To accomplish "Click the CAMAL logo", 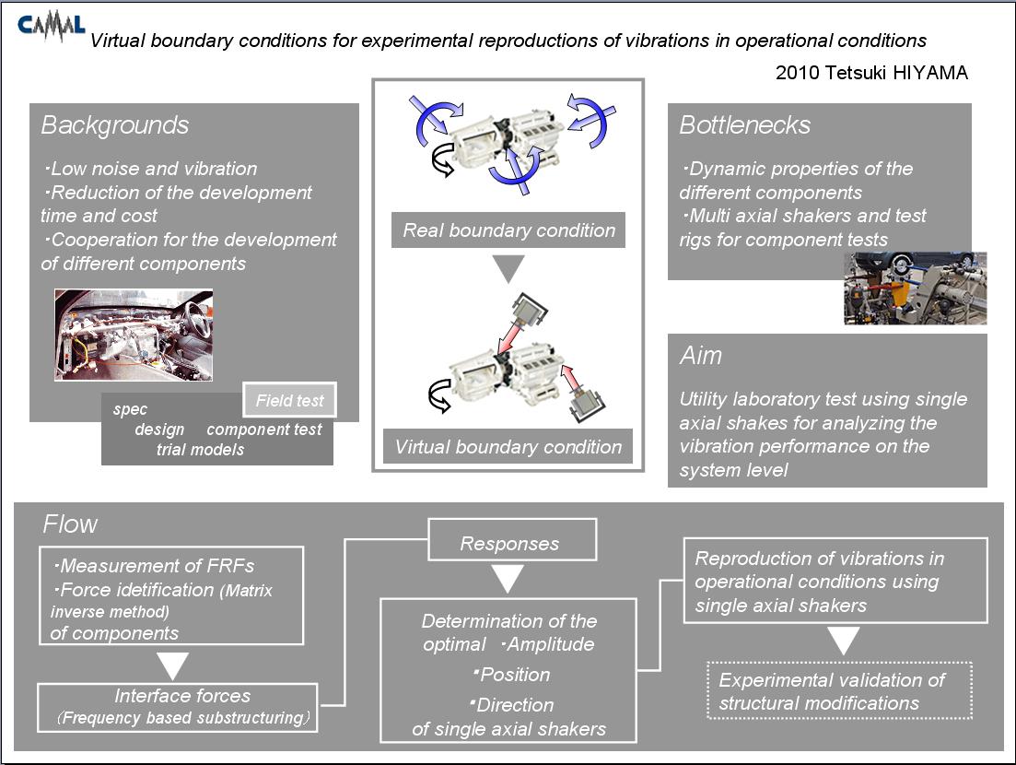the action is point(52,28).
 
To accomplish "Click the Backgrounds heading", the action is point(115,125).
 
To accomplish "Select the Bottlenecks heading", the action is point(744,125).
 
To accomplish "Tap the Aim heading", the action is point(700,355).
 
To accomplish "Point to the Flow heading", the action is point(70,524).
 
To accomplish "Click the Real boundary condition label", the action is point(508,230).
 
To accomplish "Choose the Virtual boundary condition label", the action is point(508,447).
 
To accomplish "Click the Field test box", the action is point(289,400).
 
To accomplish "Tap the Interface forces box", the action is point(178,707).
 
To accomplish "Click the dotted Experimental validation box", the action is point(840,690).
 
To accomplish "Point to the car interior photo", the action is point(134,335).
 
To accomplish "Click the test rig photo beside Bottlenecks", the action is point(915,288).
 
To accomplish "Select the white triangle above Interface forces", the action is point(172,666).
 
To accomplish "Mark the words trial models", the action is point(200,449).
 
